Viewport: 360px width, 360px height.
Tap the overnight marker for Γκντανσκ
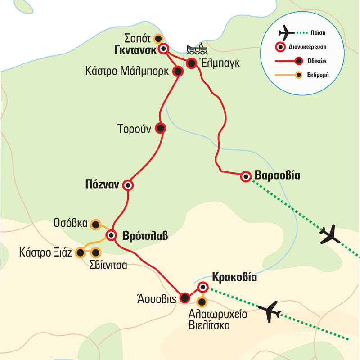point(164,49)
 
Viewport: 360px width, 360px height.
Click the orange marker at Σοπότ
point(157,38)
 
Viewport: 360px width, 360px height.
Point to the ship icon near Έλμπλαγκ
point(195,50)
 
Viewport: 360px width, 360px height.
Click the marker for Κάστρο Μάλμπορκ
point(178,71)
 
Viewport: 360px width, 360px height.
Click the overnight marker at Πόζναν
point(129,185)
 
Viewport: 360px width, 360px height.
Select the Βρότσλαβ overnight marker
point(111,235)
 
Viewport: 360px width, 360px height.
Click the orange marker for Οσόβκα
point(95,224)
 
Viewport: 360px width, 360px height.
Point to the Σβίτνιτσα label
point(108,265)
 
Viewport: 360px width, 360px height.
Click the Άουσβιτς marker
point(184,297)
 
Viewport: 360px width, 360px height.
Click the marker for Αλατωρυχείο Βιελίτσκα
point(202,302)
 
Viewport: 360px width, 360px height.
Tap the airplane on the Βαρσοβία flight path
point(330,235)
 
